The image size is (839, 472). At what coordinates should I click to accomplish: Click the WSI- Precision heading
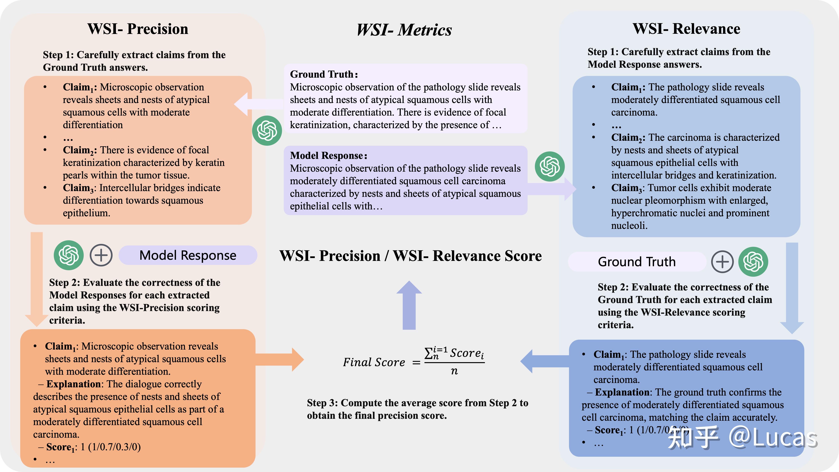(138, 29)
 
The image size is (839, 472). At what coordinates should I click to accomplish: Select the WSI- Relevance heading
(686, 29)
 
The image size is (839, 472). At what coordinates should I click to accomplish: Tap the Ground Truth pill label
(637, 262)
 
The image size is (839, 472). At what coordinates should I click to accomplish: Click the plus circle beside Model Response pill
(101, 255)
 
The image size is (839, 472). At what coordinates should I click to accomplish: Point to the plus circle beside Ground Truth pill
(722, 262)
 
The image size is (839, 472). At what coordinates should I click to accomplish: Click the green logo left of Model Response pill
(69, 255)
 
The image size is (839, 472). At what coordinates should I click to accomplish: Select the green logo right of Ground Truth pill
(753, 262)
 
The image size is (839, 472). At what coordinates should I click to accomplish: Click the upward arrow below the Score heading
(409, 305)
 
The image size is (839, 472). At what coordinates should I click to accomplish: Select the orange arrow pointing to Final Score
(280, 360)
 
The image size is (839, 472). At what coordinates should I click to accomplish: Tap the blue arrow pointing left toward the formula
(545, 361)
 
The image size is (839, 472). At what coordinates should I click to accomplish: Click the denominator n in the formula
(454, 371)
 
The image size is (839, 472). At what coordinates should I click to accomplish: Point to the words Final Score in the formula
(374, 362)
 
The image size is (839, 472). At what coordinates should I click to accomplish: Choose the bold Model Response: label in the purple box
(329, 156)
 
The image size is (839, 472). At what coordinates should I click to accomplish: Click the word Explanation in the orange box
(73, 384)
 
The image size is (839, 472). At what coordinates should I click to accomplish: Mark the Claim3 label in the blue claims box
(628, 188)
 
